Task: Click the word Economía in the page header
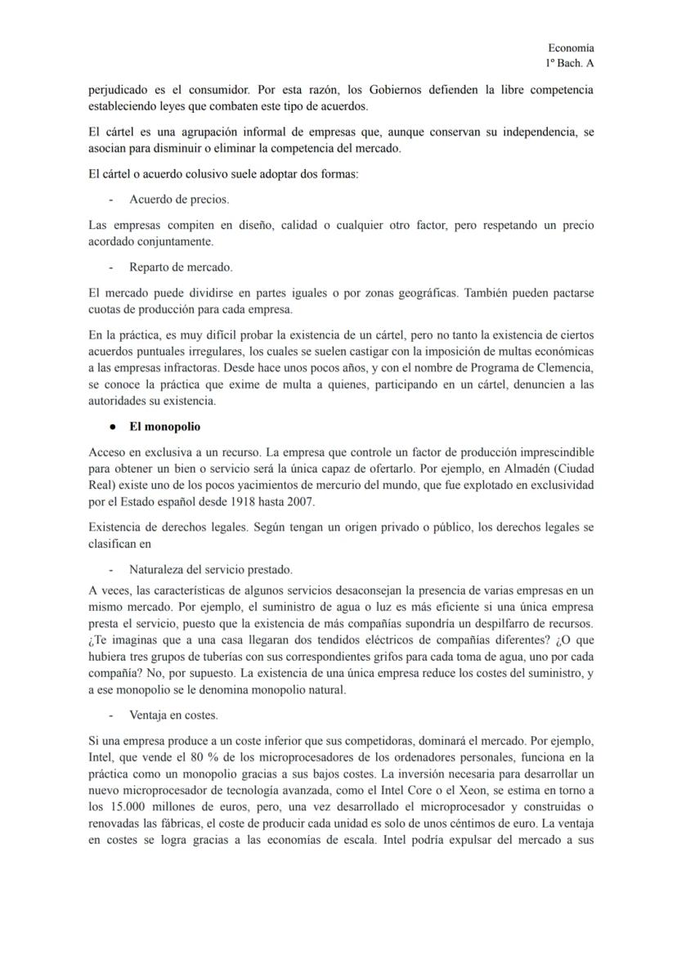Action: (x=571, y=49)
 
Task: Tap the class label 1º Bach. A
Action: (x=570, y=63)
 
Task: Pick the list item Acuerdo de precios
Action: (x=179, y=199)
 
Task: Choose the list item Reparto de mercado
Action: (x=181, y=267)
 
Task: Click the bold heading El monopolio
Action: (x=164, y=427)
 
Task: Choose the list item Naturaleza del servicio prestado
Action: (x=211, y=569)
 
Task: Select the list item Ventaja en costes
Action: (x=173, y=715)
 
